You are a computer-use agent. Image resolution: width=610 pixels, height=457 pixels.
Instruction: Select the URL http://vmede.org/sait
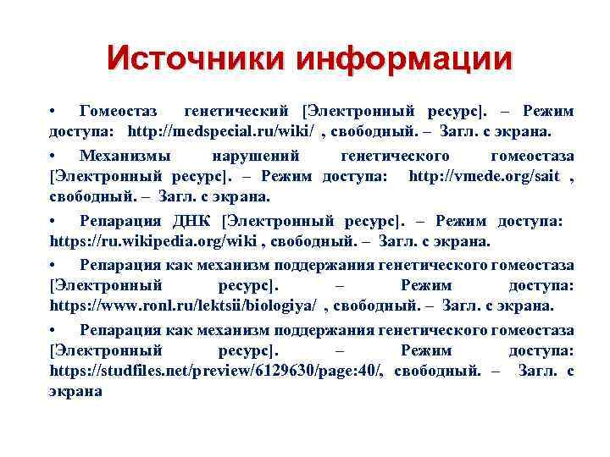click(485, 176)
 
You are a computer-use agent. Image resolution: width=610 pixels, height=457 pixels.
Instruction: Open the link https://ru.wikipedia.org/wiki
click(155, 241)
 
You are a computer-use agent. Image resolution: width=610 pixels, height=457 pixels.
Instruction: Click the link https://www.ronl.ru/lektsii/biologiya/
click(184, 306)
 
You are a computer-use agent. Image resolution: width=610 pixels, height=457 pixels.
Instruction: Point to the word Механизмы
click(125, 155)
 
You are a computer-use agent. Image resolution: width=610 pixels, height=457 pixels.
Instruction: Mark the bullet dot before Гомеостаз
click(53, 111)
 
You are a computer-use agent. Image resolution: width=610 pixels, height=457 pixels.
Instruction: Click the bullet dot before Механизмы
click(53, 155)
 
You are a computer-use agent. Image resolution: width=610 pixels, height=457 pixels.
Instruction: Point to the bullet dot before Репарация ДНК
click(53, 221)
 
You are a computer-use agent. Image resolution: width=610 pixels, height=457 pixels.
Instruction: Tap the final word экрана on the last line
click(75, 392)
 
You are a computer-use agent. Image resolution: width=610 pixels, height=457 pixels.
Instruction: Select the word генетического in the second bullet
click(394, 155)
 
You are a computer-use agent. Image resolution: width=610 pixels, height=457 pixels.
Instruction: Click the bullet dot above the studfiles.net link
click(53, 329)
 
